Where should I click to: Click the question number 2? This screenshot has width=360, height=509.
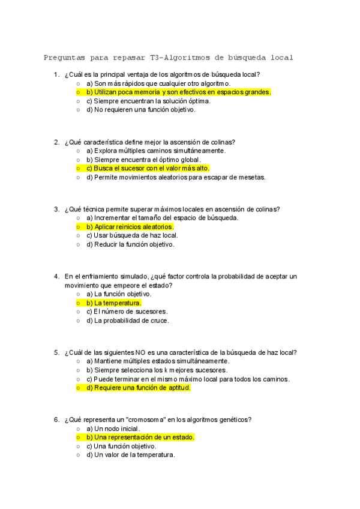56,142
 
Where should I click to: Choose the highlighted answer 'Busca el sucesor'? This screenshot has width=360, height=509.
148,169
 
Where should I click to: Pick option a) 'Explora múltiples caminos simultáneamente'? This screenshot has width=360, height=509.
155,151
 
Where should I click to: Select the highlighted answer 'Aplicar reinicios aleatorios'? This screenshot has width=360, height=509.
130,227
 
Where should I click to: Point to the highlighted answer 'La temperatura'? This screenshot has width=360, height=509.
113,303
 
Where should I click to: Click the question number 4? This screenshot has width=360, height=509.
56,277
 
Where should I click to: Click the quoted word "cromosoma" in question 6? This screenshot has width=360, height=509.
131,420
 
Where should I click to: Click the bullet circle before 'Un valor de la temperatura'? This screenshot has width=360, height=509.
79,455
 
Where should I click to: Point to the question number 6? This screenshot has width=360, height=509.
56,420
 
